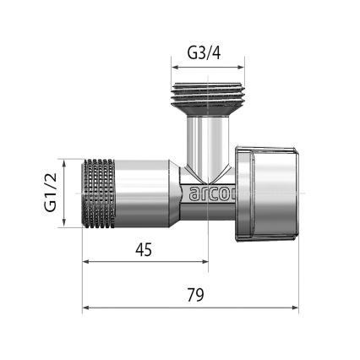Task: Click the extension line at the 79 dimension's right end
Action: click(x=298, y=279)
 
